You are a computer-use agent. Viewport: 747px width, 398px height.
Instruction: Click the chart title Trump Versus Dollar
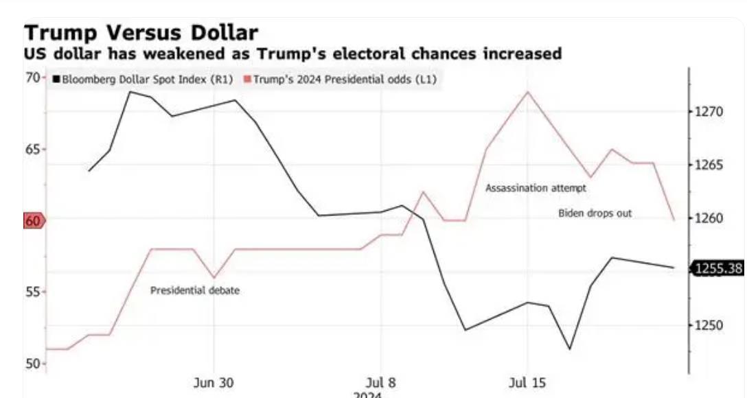click(x=141, y=32)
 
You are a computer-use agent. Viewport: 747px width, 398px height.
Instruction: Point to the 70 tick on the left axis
click(x=32, y=78)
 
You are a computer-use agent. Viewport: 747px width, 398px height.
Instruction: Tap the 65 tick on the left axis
click(x=32, y=149)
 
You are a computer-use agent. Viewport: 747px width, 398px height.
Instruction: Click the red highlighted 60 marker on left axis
click(x=33, y=220)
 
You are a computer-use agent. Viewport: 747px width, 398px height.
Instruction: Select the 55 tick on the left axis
click(x=32, y=292)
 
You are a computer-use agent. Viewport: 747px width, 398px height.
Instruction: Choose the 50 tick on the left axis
click(x=32, y=363)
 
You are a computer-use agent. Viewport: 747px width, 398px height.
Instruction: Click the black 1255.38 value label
click(x=718, y=268)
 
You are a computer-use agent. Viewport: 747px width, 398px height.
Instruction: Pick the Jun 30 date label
click(x=214, y=383)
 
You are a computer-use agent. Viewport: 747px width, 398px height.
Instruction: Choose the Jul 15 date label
click(x=527, y=383)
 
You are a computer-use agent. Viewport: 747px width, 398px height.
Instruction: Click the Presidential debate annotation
click(x=195, y=290)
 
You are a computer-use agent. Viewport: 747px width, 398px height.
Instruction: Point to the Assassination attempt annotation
click(x=536, y=187)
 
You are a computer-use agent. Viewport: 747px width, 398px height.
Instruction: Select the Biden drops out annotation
click(x=595, y=213)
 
